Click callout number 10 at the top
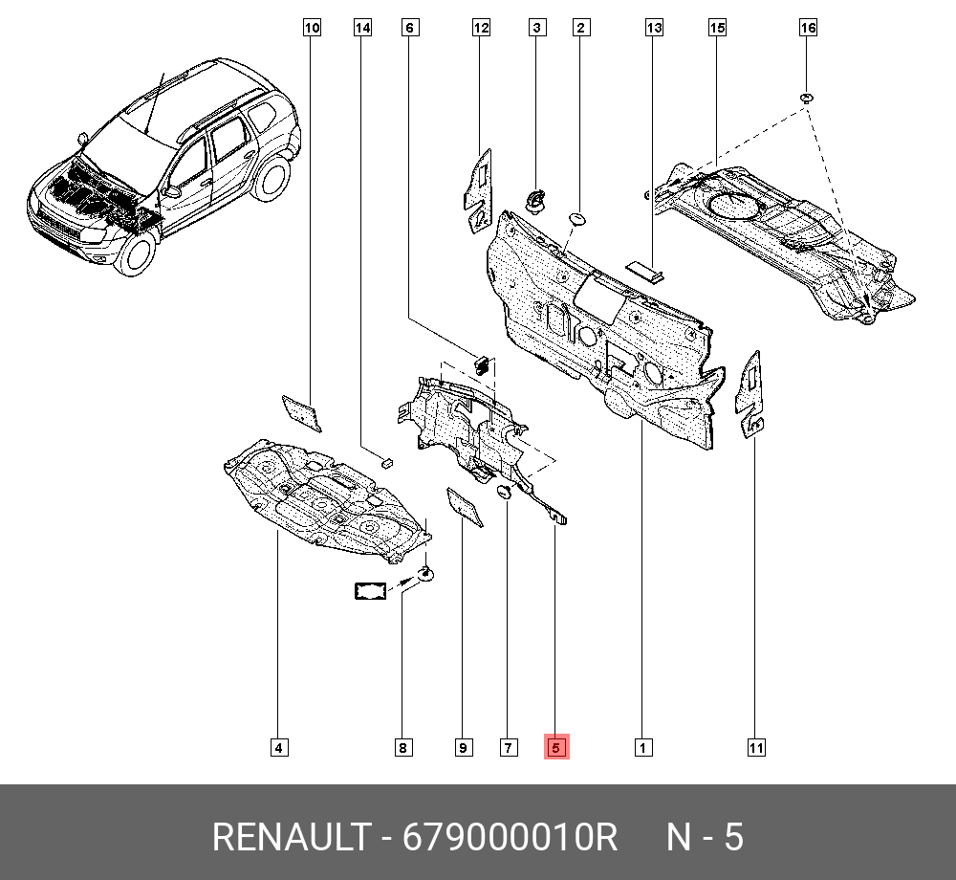pyautogui.click(x=312, y=28)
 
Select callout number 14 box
pyautogui.click(x=362, y=28)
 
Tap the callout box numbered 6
pyautogui.click(x=410, y=28)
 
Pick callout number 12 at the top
pyautogui.click(x=481, y=28)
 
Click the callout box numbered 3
pyautogui.click(x=536, y=28)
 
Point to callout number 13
pyautogui.click(x=654, y=28)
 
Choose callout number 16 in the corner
pyautogui.click(x=808, y=28)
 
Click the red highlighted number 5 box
pyautogui.click(x=556, y=746)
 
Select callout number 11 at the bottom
pyautogui.click(x=756, y=748)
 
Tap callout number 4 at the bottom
pyautogui.click(x=278, y=748)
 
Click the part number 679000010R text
pyautogui.click(x=510, y=837)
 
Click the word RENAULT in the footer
pyautogui.click(x=291, y=837)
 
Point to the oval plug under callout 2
pyautogui.click(x=576, y=219)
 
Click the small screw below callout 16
pyautogui.click(x=807, y=98)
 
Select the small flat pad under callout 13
pyautogui.click(x=645, y=271)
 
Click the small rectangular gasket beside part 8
pyautogui.click(x=371, y=591)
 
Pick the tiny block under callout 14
pyautogui.click(x=386, y=462)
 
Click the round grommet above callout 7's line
pyautogui.click(x=505, y=492)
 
